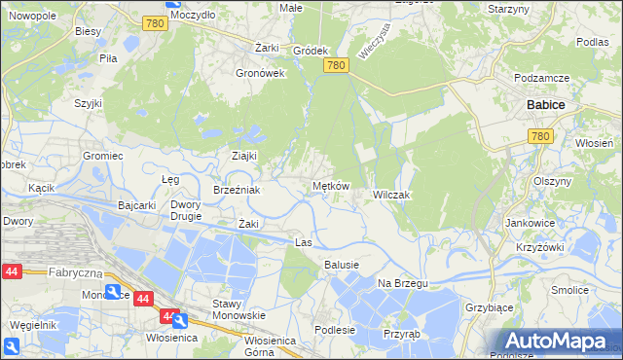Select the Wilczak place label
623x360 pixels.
coord(391,196)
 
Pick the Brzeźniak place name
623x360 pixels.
coord(237,190)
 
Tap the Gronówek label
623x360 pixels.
coord(260,73)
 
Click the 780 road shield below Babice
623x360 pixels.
coord(542,137)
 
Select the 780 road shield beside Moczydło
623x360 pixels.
coord(152,22)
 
